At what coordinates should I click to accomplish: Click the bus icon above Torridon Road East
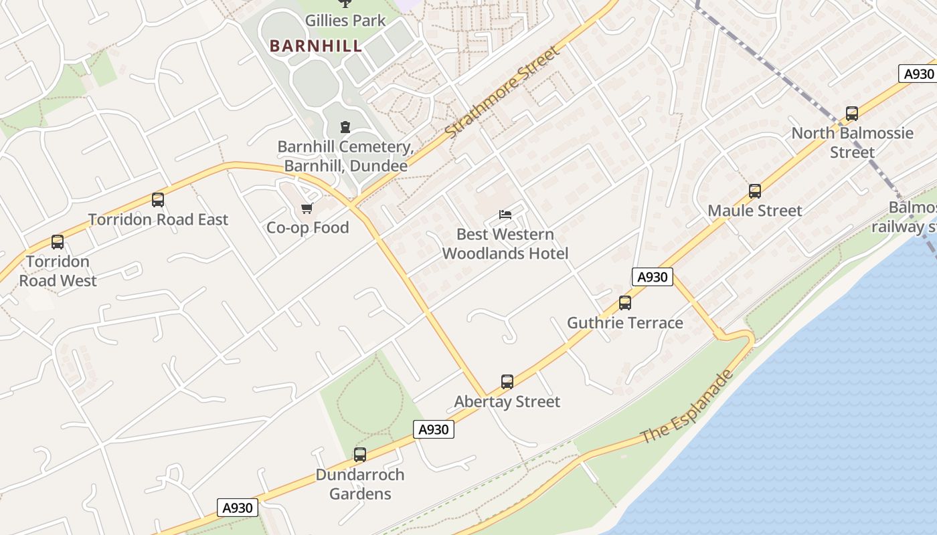(158, 199)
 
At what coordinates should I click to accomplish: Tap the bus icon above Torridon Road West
(58, 242)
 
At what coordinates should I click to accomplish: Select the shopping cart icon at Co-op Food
(307, 209)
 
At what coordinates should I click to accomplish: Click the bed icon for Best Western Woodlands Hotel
(505, 215)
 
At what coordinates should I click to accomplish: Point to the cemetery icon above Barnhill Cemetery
(345, 126)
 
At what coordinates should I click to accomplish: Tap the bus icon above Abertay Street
(507, 382)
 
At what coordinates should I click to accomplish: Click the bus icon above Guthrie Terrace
(625, 303)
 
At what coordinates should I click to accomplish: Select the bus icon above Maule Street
(755, 191)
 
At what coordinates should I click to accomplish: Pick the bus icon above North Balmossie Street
(852, 114)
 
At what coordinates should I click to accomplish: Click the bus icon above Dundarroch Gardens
(360, 455)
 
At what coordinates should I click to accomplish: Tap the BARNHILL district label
(316, 46)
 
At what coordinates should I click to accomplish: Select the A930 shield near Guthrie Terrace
(652, 277)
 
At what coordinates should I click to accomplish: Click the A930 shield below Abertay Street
(434, 429)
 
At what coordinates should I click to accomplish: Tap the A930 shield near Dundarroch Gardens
(238, 508)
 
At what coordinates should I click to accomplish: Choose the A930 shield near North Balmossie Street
(918, 74)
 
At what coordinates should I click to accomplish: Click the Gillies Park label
(345, 21)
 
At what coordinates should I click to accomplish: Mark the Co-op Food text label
(308, 227)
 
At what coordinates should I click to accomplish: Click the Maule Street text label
(755, 211)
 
